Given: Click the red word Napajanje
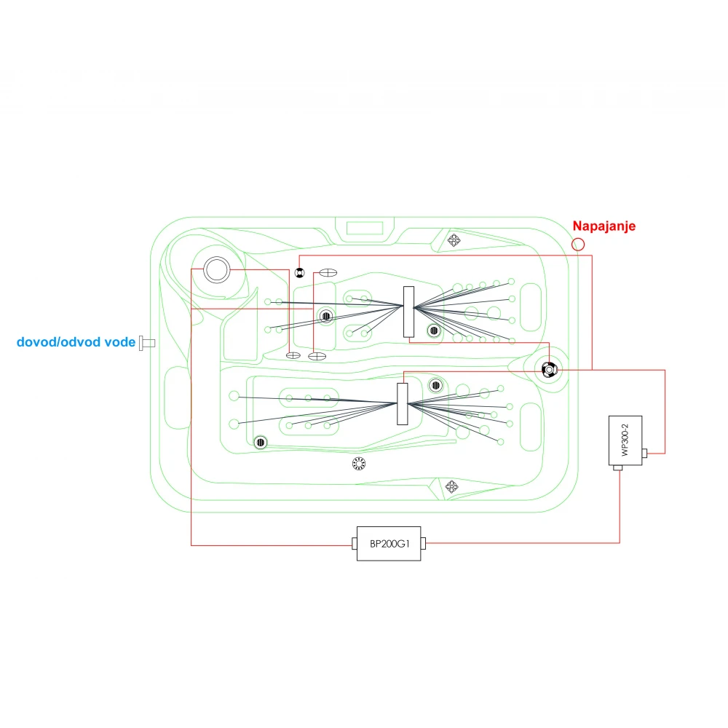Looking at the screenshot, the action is pyautogui.click(x=604, y=226).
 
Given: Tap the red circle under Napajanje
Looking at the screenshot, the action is pyautogui.click(x=578, y=244).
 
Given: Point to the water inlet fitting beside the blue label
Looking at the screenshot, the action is pyautogui.click(x=147, y=343).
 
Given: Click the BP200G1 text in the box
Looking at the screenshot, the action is pyautogui.click(x=389, y=544).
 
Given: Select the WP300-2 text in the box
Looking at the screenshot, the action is pyautogui.click(x=625, y=440).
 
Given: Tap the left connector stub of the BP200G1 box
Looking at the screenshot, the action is pyautogui.click(x=355, y=543).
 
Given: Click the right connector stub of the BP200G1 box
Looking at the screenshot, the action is pyautogui.click(x=423, y=543).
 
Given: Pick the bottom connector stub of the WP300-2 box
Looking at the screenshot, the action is pyautogui.click(x=617, y=467).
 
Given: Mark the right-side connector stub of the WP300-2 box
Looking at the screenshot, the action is pyautogui.click(x=644, y=453).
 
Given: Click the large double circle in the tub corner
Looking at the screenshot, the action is pyautogui.click(x=217, y=270).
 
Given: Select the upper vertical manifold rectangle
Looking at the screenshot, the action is pyautogui.click(x=408, y=312).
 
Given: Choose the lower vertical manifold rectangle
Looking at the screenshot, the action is pyautogui.click(x=403, y=404).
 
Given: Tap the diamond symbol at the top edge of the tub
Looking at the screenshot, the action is pyautogui.click(x=454, y=240).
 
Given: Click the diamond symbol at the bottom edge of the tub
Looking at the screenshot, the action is pyautogui.click(x=452, y=486).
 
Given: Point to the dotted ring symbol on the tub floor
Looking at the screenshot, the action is pyautogui.click(x=359, y=463).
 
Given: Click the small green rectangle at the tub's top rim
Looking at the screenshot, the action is pyautogui.click(x=365, y=228).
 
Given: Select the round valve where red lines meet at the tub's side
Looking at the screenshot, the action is pyautogui.click(x=550, y=370).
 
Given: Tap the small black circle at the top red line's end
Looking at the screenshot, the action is pyautogui.click(x=300, y=273).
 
